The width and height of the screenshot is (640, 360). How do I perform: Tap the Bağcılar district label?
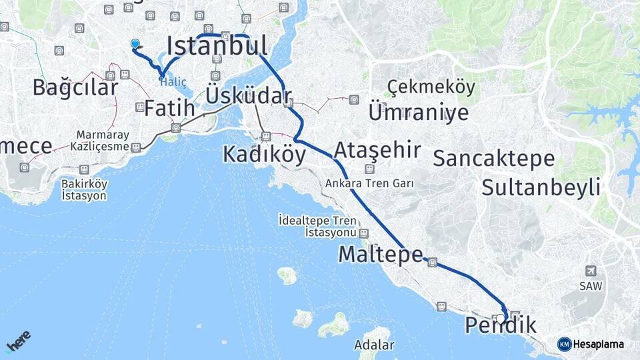point(75,87)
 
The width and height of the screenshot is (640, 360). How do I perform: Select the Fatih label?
point(170,108)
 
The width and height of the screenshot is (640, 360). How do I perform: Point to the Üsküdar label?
point(249,95)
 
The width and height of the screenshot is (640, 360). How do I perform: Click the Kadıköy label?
point(264,155)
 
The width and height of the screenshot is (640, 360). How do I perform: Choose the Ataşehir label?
point(377,149)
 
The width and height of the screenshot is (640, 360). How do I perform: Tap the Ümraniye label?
point(418,112)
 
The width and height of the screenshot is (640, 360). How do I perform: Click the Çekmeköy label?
point(431,87)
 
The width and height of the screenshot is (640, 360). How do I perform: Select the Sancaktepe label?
point(493,159)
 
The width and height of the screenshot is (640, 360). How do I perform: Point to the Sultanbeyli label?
point(541,187)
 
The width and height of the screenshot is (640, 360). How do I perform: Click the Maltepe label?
point(380,254)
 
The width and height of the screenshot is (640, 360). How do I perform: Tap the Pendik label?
point(500,326)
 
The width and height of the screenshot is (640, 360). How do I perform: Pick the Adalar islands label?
point(374,345)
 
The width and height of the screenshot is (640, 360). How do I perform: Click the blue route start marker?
point(135,44)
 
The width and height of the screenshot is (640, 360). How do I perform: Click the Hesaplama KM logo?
point(591,344)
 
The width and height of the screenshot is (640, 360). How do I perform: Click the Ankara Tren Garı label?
point(370,183)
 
